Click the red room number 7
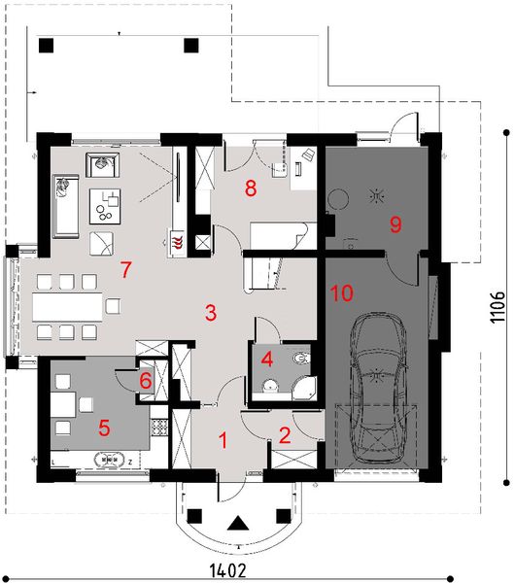[x=126, y=270]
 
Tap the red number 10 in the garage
[x=341, y=293]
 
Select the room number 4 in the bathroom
[x=267, y=360]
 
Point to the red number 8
[x=251, y=188]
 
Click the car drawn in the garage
[x=378, y=388]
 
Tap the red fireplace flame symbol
[x=177, y=240]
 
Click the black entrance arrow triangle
[x=238, y=523]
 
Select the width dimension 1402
[x=228, y=569]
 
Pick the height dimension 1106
[x=498, y=307]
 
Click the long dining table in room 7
[x=67, y=307]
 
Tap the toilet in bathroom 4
[x=301, y=358]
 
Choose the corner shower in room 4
[x=304, y=388]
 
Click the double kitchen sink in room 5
[x=110, y=460]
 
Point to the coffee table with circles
[x=105, y=206]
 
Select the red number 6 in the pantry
[x=146, y=381]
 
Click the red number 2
[x=285, y=435]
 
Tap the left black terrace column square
[x=46, y=46]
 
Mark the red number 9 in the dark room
[x=395, y=224]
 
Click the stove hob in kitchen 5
[x=159, y=428]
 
